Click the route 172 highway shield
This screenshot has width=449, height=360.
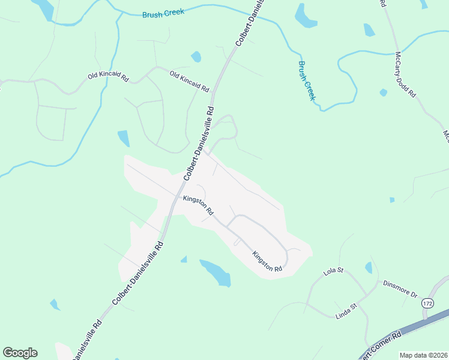click(427, 304)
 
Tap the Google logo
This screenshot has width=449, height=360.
click(20, 353)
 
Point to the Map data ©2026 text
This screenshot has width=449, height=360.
click(423, 355)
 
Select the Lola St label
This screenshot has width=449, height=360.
click(333, 271)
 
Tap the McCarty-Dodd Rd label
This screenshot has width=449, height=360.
click(405, 75)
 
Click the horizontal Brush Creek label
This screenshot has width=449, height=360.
click(163, 13)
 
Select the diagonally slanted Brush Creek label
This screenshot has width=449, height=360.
click(307, 80)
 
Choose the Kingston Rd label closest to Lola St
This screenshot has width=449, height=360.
click(267, 261)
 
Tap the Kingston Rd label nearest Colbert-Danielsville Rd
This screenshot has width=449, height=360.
click(198, 205)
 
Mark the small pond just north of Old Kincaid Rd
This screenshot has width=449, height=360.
click(196, 57)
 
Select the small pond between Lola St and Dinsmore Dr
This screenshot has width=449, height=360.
click(368, 268)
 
